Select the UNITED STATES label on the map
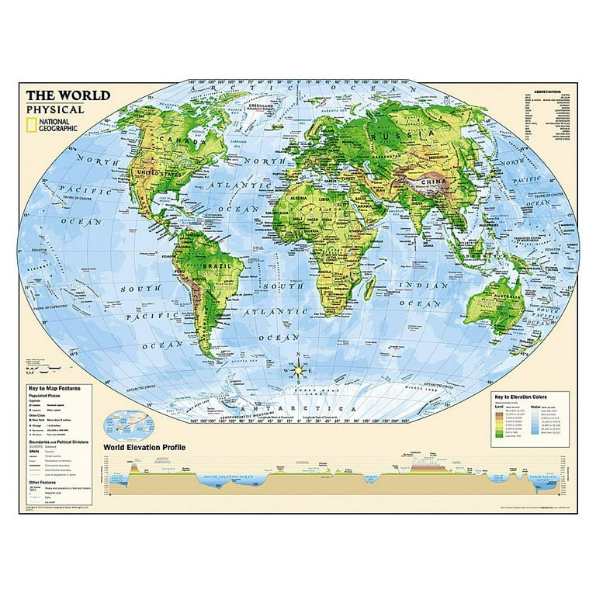151,172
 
